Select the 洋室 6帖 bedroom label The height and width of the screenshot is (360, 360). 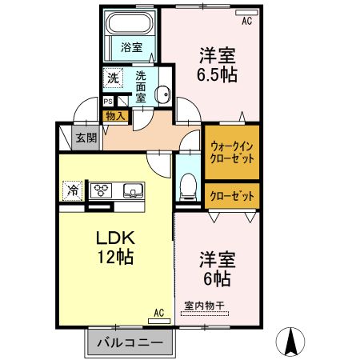(x=215, y=269)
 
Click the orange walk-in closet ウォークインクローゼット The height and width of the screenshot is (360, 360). (x=232, y=151)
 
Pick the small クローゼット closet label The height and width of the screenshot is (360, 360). (x=232, y=195)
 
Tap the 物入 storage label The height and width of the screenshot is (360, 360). (x=115, y=116)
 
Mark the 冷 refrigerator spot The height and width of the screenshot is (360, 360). (x=73, y=190)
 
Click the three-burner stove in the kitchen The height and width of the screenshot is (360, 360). (x=102, y=190)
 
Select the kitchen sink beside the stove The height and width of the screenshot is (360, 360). (x=133, y=190)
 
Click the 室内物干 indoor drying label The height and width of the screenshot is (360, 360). (x=206, y=304)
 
